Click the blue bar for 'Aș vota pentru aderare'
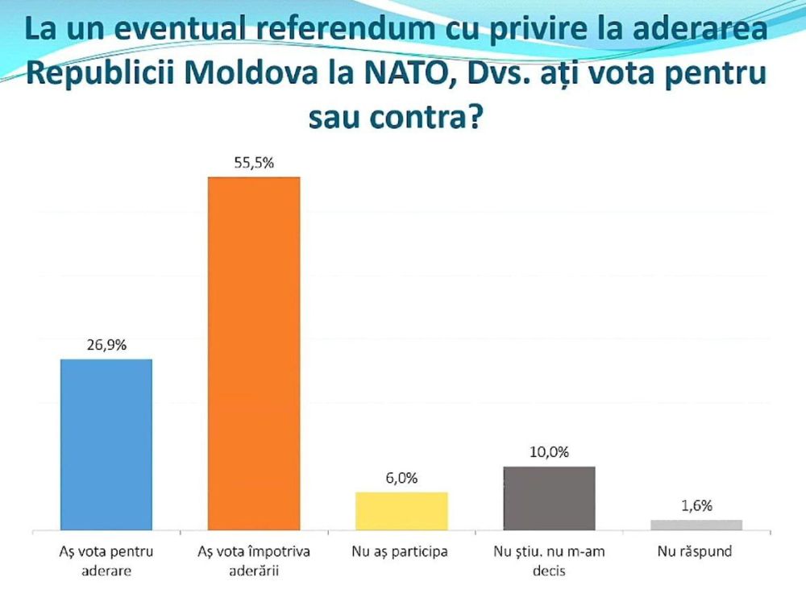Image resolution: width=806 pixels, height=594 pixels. click(x=106, y=445)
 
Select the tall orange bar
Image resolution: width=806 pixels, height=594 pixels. click(x=254, y=354)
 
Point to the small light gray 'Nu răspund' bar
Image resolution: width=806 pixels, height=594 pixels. click(x=696, y=525)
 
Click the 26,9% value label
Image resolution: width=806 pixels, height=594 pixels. click(x=106, y=344)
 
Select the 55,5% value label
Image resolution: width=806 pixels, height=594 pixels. click(x=254, y=162)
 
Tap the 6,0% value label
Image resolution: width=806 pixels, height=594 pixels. click(x=401, y=477)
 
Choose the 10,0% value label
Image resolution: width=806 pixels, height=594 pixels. click(x=549, y=451)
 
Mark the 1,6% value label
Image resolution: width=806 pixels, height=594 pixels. click(x=696, y=505)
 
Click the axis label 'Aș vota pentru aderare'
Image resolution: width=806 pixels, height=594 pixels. click(x=106, y=560)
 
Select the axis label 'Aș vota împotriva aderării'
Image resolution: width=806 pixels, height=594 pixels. click(x=254, y=560)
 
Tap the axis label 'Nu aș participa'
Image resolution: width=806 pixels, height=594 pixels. click(x=401, y=553)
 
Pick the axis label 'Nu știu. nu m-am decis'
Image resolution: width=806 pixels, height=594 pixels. click(x=549, y=560)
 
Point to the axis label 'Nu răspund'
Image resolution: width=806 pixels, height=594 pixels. click(x=696, y=553)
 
